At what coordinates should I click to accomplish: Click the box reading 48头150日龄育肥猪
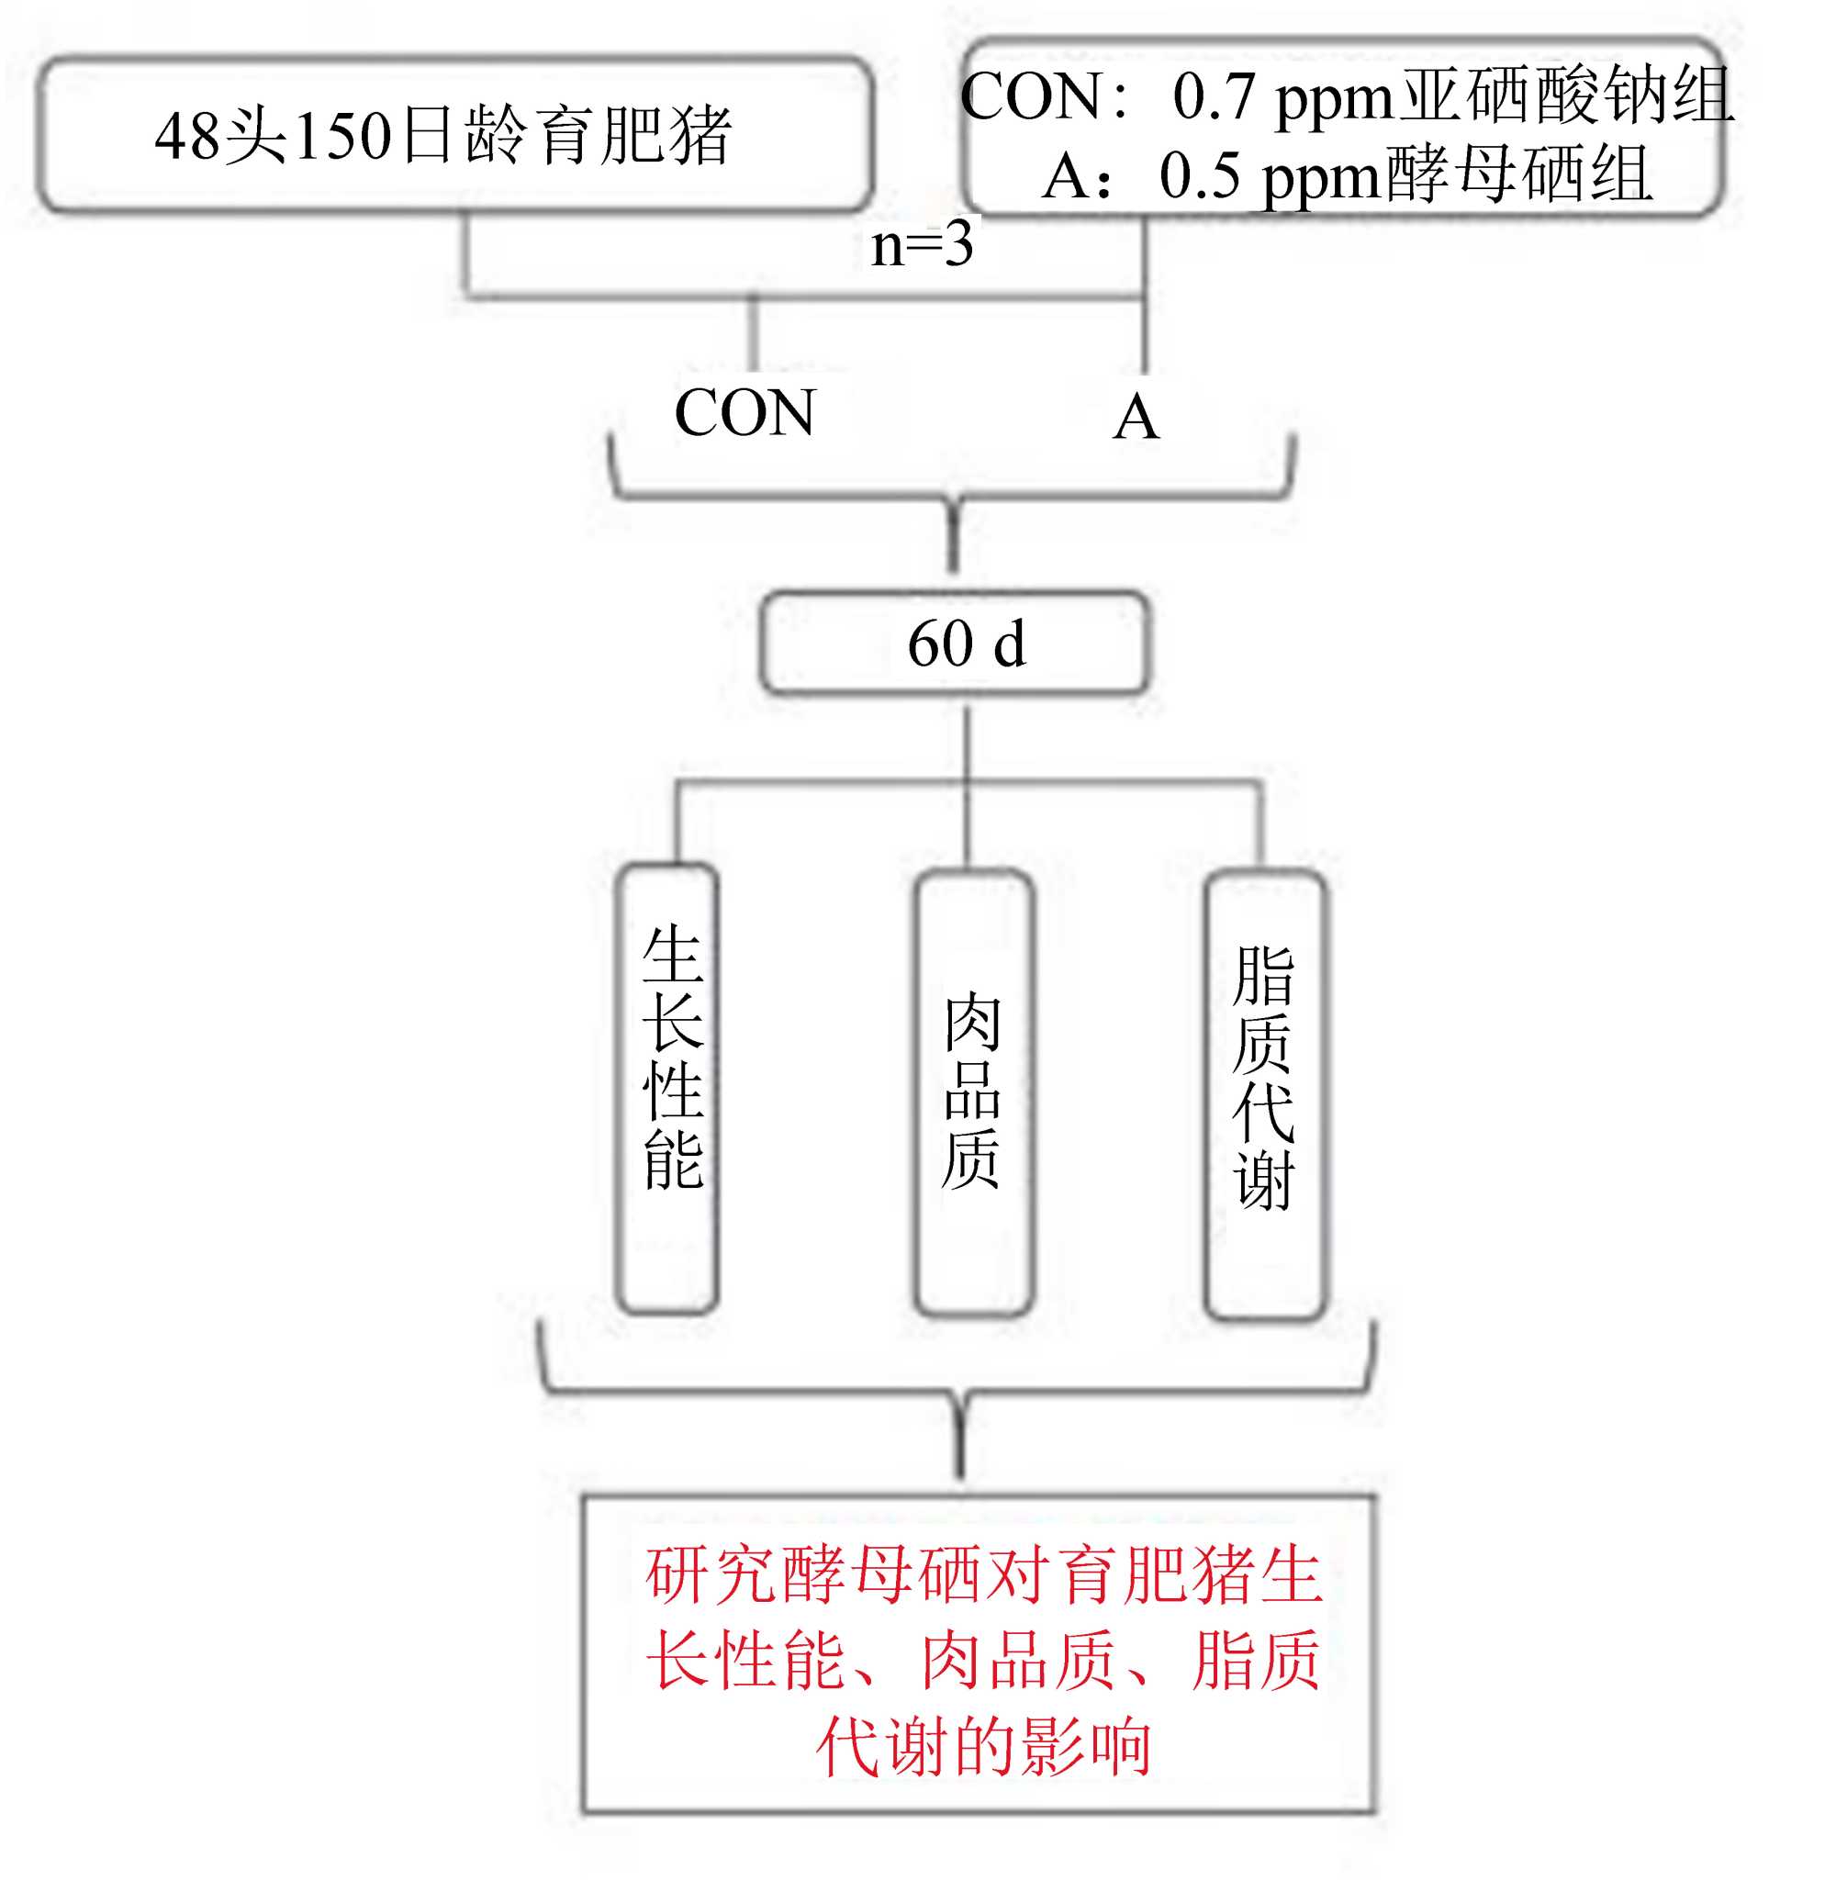(453, 134)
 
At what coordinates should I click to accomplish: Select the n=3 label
(921, 244)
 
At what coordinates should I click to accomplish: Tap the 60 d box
(955, 643)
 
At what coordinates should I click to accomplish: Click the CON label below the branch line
(744, 413)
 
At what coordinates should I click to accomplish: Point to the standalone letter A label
(1136, 417)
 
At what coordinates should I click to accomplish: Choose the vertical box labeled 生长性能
(668, 1089)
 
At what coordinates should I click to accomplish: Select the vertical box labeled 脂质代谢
(1264, 1092)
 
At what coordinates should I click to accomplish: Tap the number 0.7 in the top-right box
(1213, 96)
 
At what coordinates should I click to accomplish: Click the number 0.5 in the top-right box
(1199, 176)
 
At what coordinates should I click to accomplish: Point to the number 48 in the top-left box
(187, 136)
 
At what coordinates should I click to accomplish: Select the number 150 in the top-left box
(342, 136)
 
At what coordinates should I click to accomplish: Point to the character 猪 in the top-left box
(700, 134)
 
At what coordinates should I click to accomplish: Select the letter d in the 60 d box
(1009, 644)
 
